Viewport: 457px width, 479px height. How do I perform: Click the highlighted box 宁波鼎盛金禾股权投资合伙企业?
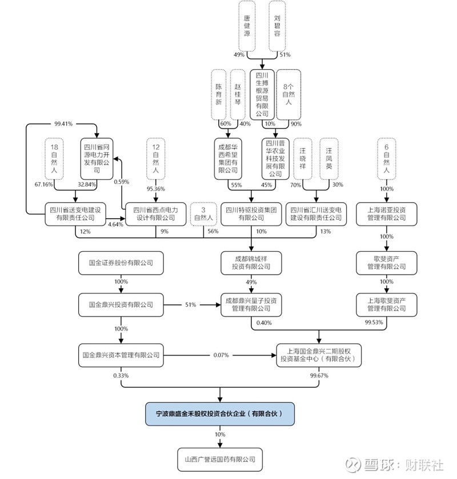click(220, 413)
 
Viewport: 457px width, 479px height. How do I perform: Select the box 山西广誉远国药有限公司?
click(220, 458)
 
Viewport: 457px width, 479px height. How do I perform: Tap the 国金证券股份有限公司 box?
click(121, 263)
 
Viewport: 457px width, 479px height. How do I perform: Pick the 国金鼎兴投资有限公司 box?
click(121, 305)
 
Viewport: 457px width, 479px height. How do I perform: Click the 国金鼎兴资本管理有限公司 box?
click(121, 355)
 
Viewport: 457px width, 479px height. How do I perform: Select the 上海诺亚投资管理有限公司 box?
click(386, 214)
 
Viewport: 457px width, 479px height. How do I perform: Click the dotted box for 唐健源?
click(247, 26)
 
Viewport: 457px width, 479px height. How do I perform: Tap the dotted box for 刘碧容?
click(278, 26)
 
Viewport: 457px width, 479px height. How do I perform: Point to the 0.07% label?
click(221, 355)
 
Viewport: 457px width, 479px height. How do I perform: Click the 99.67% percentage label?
click(318, 375)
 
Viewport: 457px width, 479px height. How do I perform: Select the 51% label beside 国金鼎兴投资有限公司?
click(190, 305)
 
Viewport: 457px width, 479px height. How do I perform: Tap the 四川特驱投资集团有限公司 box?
click(251, 214)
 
